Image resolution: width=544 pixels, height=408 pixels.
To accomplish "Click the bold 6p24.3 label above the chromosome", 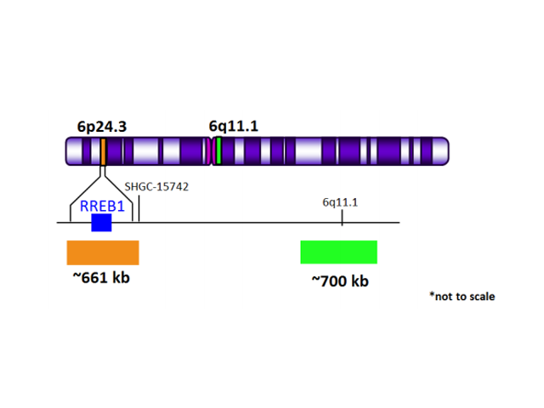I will click(x=101, y=127).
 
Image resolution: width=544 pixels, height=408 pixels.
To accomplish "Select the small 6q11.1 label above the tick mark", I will click(x=340, y=202).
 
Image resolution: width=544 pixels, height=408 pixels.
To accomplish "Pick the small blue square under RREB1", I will click(x=101, y=223).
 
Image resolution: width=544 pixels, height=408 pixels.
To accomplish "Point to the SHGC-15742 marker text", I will click(x=156, y=186).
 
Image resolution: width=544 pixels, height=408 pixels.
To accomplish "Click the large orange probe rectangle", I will click(x=103, y=252).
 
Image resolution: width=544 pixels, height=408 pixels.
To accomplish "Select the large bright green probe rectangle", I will click(x=338, y=252).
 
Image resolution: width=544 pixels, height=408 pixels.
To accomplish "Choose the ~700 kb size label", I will click(x=340, y=281).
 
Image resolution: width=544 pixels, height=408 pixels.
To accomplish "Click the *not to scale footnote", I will click(x=462, y=297).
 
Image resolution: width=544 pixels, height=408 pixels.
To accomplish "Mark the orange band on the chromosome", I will click(x=103, y=152).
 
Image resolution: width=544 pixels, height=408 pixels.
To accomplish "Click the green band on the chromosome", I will click(x=218, y=152).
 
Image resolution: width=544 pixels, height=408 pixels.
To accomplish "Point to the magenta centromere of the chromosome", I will click(x=209, y=152).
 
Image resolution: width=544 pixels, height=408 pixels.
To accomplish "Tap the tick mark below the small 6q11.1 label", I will click(x=342, y=218).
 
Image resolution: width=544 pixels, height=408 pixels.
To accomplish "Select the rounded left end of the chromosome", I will click(x=71, y=152).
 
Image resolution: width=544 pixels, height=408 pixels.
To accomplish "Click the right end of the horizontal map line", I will click(x=398, y=224).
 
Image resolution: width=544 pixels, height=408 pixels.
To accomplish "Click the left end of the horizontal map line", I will click(x=59, y=224).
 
